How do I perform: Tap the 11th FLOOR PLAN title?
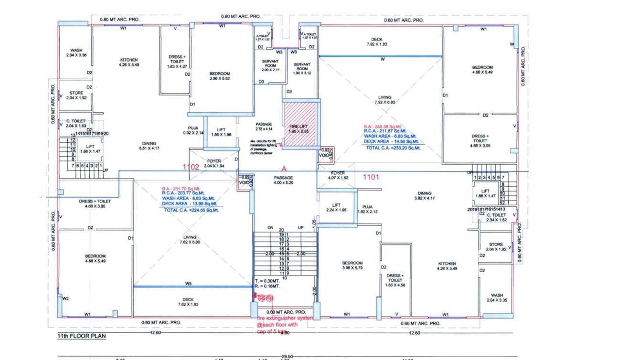click(x=78, y=336)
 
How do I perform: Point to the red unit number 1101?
click(x=371, y=177)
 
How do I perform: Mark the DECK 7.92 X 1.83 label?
click(x=380, y=42)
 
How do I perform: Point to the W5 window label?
click(x=188, y=284)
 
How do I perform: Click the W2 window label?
click(x=65, y=299)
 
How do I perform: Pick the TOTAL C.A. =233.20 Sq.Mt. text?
click(x=393, y=148)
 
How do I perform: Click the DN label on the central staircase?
click(x=270, y=227)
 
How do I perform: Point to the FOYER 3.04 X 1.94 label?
click(x=213, y=163)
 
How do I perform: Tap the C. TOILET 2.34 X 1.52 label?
click(x=496, y=217)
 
